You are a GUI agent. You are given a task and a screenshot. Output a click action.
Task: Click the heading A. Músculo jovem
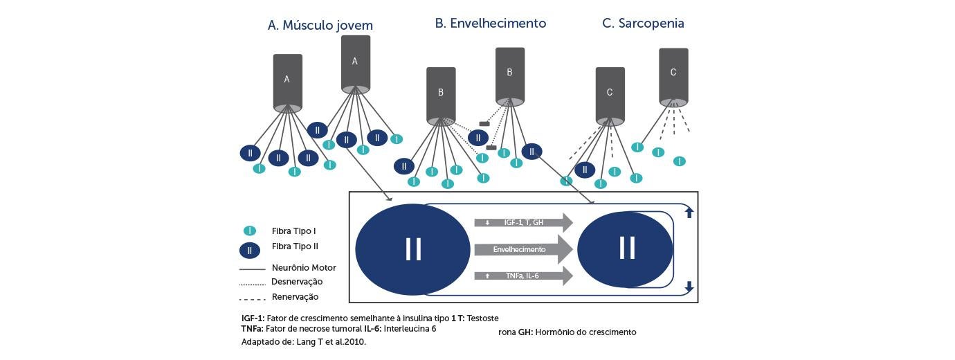(320, 26)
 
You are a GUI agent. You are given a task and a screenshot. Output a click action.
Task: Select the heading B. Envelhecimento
(490, 23)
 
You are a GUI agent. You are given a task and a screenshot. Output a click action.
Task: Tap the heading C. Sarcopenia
(643, 23)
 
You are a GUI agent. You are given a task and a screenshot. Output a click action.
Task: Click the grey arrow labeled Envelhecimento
(523, 249)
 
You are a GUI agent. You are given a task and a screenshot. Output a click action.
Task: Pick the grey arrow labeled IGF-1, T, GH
(523, 222)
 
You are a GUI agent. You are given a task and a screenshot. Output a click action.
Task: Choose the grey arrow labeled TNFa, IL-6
(523, 276)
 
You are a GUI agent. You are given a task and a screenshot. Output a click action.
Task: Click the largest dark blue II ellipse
(413, 249)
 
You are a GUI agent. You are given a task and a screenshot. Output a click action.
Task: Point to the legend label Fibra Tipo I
(293, 231)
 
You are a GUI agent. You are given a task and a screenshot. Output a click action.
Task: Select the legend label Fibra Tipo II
(295, 246)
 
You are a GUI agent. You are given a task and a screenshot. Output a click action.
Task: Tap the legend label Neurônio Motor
(304, 268)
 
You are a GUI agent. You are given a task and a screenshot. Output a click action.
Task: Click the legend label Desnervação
(297, 282)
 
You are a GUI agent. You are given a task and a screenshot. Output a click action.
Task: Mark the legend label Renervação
(295, 297)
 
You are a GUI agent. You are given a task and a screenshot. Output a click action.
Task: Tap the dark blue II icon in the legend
(250, 251)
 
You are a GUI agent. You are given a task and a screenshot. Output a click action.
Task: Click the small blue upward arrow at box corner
(689, 213)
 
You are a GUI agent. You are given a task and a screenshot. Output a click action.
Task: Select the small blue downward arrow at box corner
(689, 286)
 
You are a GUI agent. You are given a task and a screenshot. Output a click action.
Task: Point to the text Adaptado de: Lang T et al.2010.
(303, 342)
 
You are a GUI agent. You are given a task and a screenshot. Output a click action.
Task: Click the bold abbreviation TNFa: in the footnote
(253, 329)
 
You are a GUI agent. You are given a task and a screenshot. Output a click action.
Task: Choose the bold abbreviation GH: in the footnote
(525, 332)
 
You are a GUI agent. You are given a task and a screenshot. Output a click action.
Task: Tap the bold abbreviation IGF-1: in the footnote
(253, 318)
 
